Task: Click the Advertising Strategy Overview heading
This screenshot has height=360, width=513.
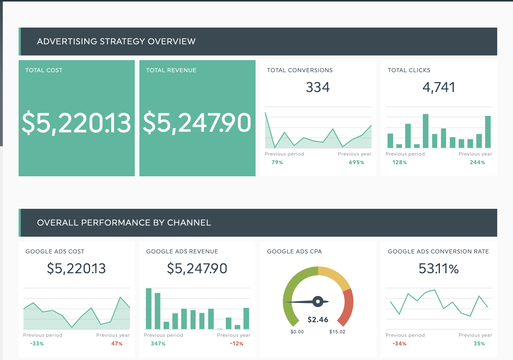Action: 116,42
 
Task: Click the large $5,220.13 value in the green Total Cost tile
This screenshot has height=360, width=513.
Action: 76,123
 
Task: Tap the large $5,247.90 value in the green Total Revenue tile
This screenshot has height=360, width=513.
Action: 197,123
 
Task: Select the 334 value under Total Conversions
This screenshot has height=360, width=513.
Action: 318,87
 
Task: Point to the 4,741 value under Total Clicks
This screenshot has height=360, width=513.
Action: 439,87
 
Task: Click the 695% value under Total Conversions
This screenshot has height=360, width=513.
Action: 356,162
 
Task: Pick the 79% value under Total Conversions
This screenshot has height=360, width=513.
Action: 277,162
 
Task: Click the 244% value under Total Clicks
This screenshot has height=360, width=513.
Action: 477,162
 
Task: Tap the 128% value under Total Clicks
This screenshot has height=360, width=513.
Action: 399,162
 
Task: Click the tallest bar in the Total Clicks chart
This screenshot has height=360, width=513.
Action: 426,131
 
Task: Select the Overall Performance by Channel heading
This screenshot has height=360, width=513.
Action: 124,223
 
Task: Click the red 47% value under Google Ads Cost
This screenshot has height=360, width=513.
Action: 117,344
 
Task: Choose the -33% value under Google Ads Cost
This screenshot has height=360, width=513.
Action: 37,344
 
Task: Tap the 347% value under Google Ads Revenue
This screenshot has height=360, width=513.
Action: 158,344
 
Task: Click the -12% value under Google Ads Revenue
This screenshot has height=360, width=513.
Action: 236,344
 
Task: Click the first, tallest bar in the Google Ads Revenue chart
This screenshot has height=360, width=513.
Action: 149,308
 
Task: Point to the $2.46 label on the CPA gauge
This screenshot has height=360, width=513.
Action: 318,320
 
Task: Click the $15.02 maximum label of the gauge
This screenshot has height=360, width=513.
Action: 337,332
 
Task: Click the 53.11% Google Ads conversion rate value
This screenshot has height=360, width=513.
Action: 438,269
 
